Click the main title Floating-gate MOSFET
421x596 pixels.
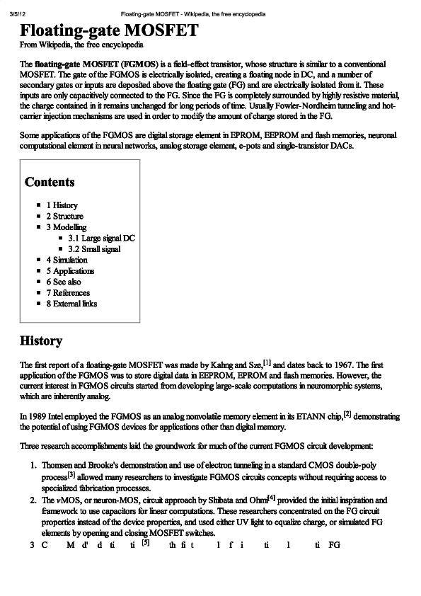(x=109, y=33)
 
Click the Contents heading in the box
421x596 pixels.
(x=50, y=183)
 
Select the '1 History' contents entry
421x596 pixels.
(x=62, y=205)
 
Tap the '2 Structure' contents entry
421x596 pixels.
(x=64, y=216)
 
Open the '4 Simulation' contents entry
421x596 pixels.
(x=67, y=260)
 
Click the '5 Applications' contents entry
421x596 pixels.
(x=70, y=271)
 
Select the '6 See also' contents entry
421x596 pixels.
(x=64, y=282)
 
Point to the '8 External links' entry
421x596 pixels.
(x=71, y=304)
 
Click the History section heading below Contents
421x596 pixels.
(x=41, y=341)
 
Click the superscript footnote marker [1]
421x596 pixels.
(x=267, y=362)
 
